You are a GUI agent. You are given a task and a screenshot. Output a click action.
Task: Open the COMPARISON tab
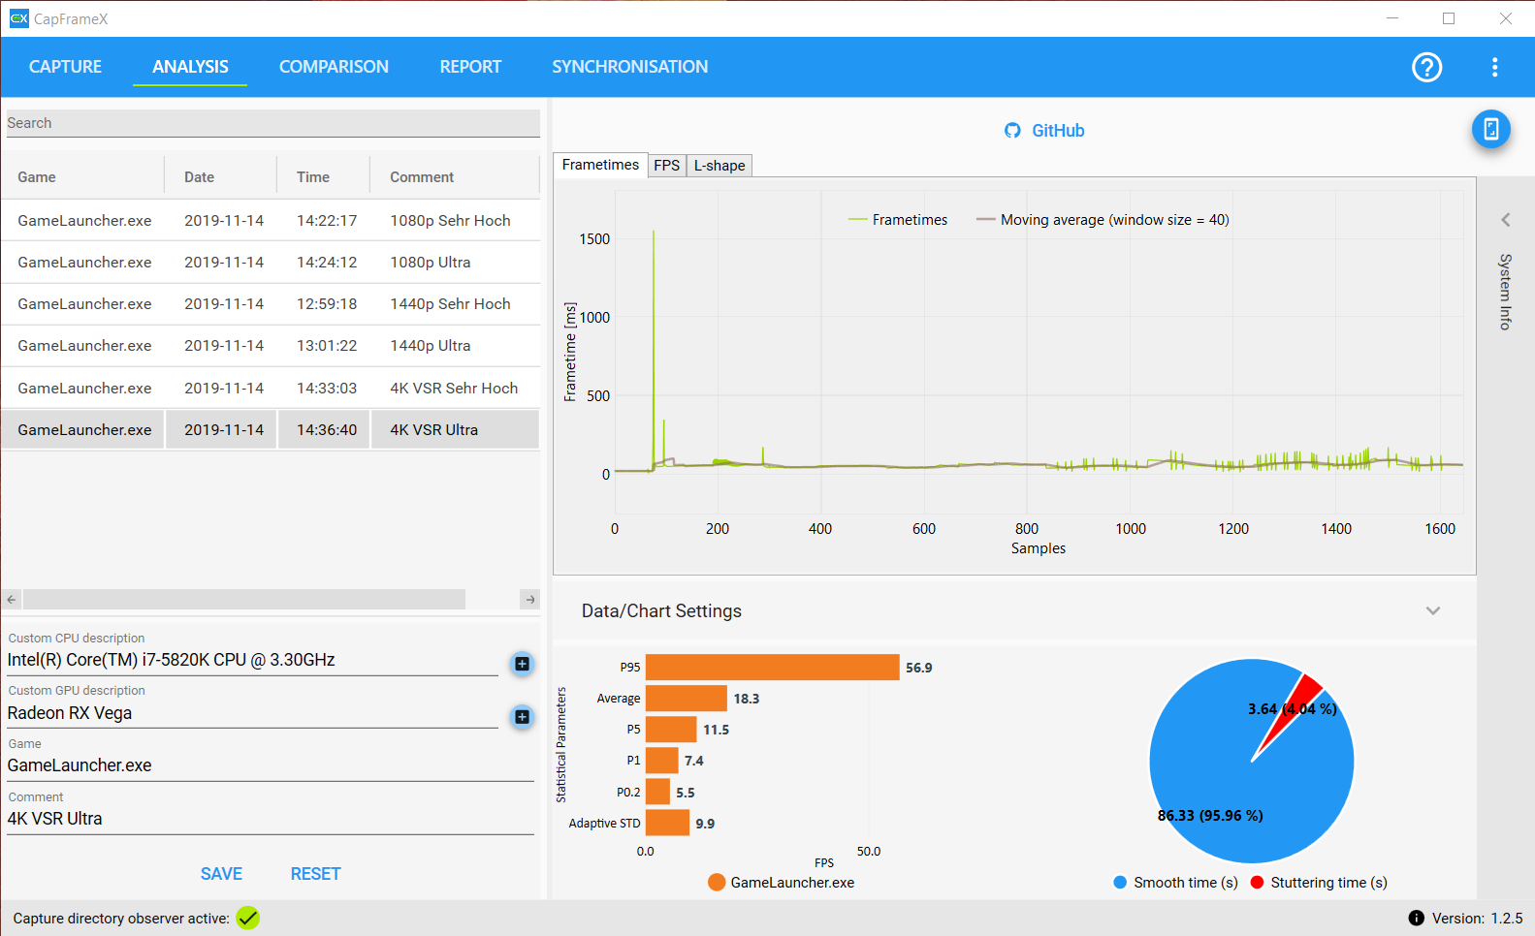[334, 67]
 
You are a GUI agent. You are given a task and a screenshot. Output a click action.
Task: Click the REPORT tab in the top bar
[470, 67]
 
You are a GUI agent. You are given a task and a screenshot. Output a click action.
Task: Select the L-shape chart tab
[720, 166]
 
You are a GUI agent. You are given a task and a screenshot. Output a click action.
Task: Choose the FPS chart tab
[666, 166]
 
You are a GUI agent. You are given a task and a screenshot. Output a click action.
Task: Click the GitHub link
[1045, 131]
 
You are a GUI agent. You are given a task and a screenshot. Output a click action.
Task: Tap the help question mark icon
[1426, 67]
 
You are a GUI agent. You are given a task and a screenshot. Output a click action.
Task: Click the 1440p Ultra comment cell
[431, 346]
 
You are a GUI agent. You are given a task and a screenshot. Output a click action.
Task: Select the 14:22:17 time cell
[327, 221]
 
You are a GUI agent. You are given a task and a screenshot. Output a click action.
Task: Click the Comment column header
[422, 177]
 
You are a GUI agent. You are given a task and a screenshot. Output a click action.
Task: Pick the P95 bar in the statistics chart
[772, 668]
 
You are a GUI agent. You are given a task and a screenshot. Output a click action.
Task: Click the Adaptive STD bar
[667, 823]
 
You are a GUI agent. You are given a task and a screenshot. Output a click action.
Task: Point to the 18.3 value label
[747, 699]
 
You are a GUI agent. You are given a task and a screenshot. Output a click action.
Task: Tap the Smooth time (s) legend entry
[1175, 883]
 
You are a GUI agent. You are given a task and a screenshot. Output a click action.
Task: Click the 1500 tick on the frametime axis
[594, 239]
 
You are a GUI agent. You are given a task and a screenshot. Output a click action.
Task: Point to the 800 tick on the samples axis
[1027, 529]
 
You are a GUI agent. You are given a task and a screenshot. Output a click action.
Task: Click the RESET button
[315, 874]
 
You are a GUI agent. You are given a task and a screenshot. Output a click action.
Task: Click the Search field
[272, 123]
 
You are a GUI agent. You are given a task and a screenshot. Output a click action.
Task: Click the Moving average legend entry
[1103, 220]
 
